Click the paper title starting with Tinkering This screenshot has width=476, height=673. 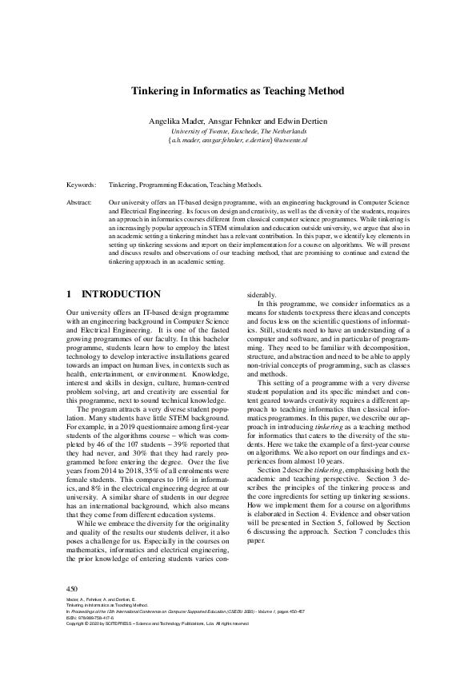(238, 91)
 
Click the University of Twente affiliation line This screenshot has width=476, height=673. (238, 130)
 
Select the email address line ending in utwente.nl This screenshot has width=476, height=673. (238, 140)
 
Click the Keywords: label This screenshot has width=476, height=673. (81, 184)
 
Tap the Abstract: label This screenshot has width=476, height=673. (79, 204)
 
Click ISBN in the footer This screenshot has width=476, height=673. (70, 618)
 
